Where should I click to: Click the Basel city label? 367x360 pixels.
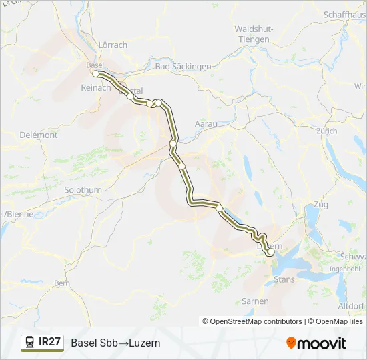coord(95,65)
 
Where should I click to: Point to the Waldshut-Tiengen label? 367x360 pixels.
coord(252,34)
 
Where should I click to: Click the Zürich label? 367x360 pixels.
coord(327,131)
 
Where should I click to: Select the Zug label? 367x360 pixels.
coord(320,204)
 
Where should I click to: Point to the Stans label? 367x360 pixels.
coord(284,279)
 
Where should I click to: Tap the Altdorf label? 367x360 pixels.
coord(352,306)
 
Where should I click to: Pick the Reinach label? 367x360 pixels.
coord(95,88)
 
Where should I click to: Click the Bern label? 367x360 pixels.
coord(61,283)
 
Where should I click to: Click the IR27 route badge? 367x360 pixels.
coord(49,342)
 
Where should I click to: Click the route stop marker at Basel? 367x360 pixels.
coord(96,74)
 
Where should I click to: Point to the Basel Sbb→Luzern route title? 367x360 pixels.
coord(115,343)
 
